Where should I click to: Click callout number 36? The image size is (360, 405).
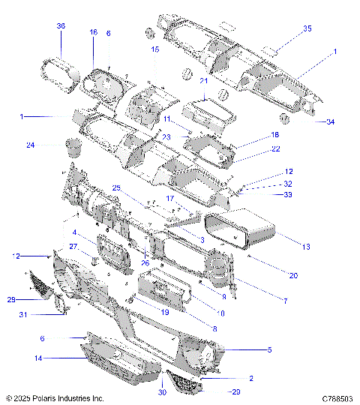(61, 26)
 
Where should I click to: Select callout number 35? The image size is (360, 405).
(286, 29)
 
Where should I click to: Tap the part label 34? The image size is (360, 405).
(330, 122)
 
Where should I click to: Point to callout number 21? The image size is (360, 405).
(204, 81)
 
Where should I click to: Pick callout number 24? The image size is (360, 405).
(30, 145)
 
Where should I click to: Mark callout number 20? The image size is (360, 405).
(293, 276)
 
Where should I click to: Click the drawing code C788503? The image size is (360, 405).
(337, 399)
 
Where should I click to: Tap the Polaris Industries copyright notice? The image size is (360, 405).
(55, 399)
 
